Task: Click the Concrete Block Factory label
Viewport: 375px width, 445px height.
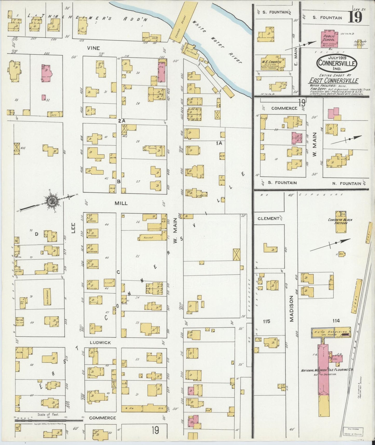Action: click(340, 221)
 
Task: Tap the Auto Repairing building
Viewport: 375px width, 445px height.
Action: click(331, 332)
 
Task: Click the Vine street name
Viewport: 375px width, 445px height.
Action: click(93, 48)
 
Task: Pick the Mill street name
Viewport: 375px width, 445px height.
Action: click(121, 203)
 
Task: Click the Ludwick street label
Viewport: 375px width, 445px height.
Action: click(100, 343)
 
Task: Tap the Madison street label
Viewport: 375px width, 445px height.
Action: click(291, 309)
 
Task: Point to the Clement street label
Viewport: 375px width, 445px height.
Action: click(269, 218)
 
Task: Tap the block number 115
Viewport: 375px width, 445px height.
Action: click(267, 321)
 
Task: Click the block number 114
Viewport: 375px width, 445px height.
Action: click(336, 321)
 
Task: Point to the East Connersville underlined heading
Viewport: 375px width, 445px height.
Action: click(333, 80)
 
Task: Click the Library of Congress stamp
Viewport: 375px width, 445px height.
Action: click(353, 431)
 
